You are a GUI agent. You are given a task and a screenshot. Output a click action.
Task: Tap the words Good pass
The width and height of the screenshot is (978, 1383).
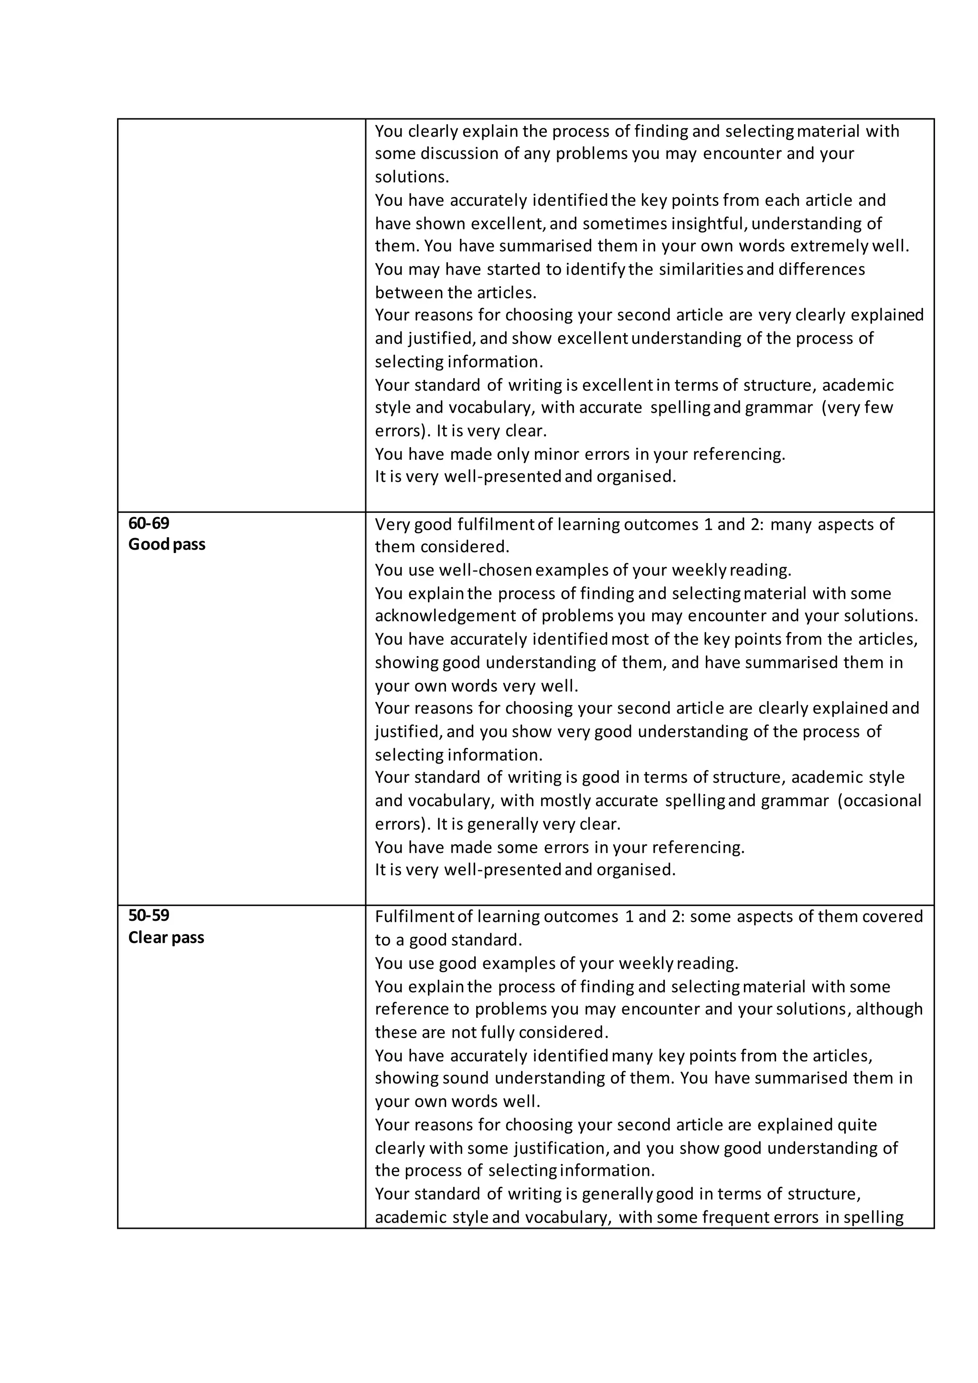167,544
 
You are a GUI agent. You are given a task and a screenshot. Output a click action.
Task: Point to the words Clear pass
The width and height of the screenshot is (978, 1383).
166,938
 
